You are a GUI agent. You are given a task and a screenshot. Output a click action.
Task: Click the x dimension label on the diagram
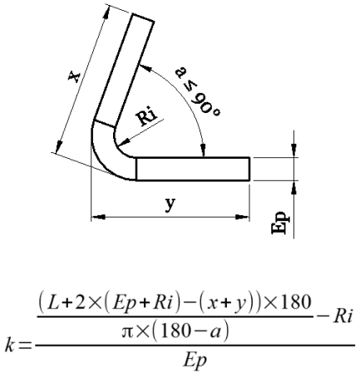pyautogui.click(x=74, y=76)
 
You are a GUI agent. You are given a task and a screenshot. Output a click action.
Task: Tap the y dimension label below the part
pyautogui.click(x=170, y=204)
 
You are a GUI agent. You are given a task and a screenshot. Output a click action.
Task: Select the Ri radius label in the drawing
pyautogui.click(x=147, y=117)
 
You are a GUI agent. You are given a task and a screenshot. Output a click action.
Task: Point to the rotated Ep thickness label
pyautogui.click(x=280, y=223)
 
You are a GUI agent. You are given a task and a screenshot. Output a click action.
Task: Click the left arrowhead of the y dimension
pyautogui.click(x=98, y=217)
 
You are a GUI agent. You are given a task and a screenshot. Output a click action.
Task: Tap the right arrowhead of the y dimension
pyautogui.click(x=242, y=217)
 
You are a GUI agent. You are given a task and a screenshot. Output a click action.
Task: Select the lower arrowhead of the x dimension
pyautogui.click(x=59, y=146)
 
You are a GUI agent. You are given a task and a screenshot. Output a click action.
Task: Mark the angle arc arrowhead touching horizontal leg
pyautogui.click(x=204, y=150)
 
